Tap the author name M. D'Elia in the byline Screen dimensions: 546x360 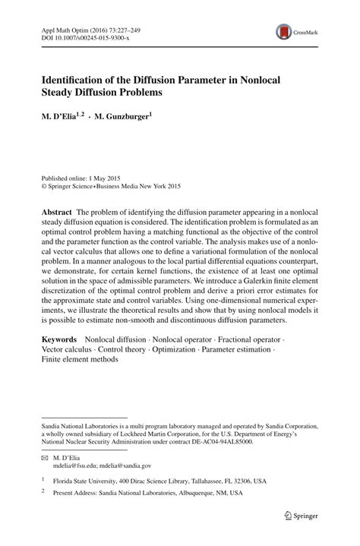click(x=61, y=117)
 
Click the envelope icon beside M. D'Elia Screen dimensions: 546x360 click(x=44, y=458)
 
